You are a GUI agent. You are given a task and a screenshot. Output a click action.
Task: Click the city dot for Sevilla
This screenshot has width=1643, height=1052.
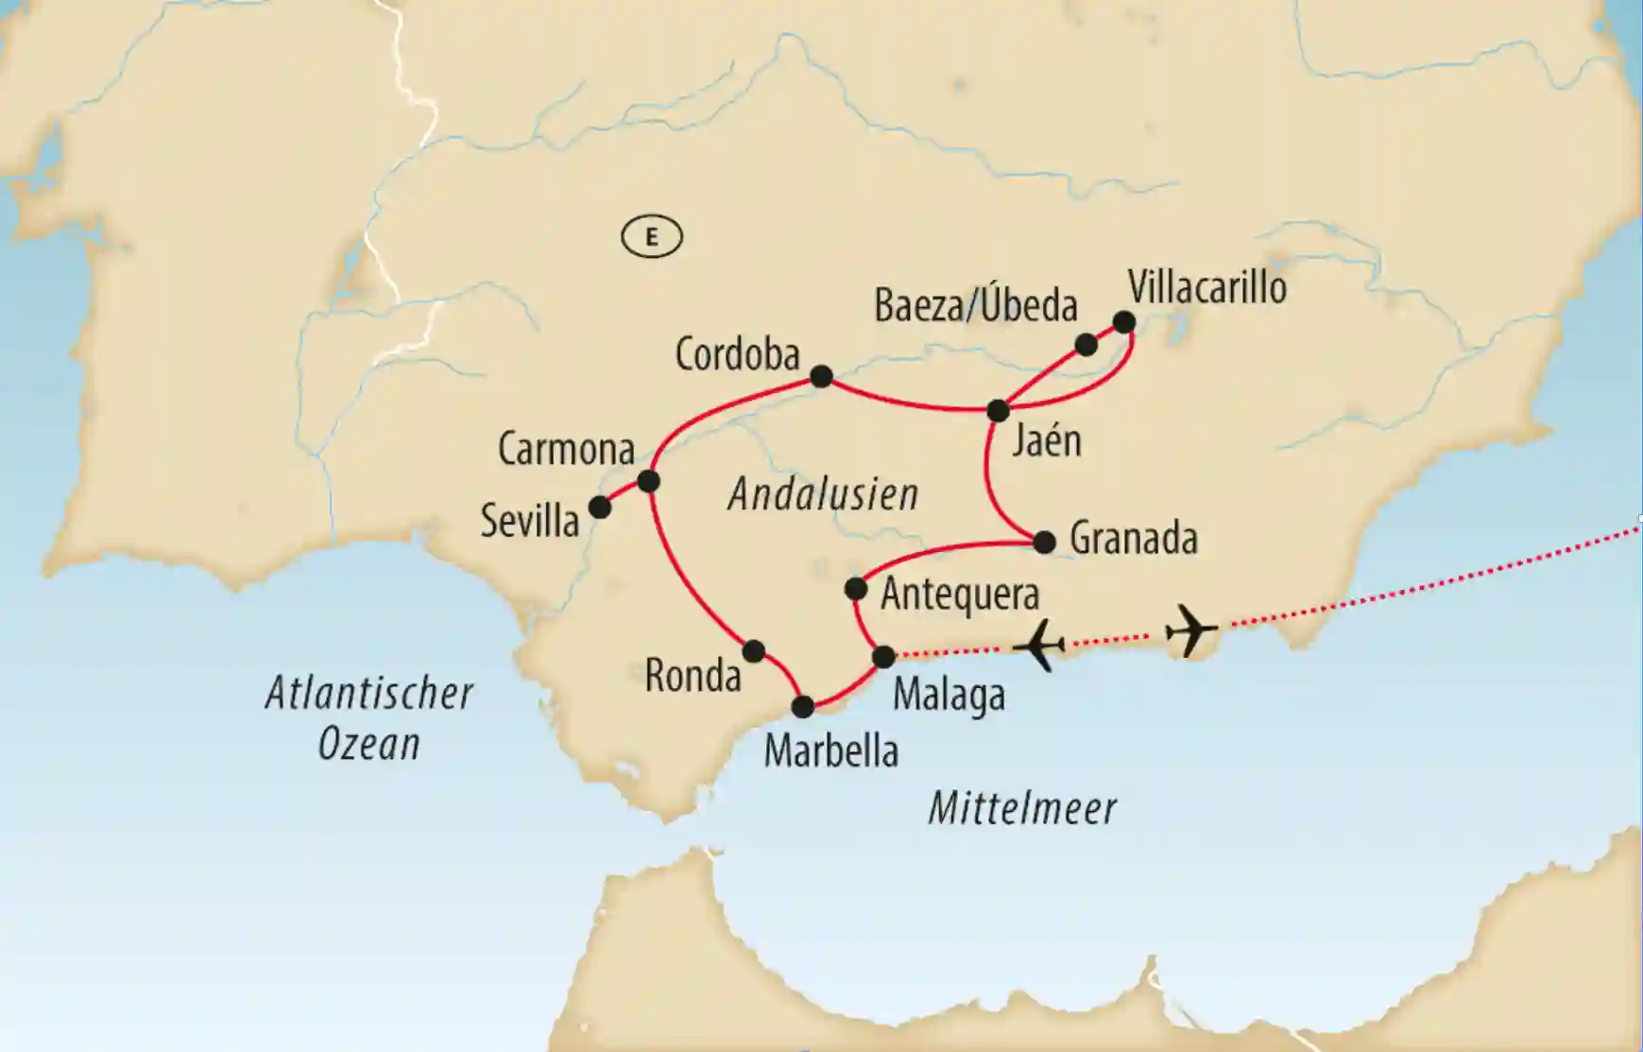coord(600,508)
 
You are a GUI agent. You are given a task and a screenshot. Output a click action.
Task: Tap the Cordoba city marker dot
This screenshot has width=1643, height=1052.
coord(821,376)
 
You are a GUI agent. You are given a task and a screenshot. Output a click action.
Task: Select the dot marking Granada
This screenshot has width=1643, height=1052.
coord(1044,542)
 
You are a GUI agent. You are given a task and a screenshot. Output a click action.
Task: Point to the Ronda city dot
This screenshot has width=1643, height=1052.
coord(753,651)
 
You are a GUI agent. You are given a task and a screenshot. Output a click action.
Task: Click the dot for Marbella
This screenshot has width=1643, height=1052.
coord(802,706)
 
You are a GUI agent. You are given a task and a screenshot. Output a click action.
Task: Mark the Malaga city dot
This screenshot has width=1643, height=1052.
coord(883,656)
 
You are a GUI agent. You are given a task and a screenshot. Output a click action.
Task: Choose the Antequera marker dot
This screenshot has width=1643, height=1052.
coord(855,589)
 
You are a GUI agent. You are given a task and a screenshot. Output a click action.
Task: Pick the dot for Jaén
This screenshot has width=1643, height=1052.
coord(998,410)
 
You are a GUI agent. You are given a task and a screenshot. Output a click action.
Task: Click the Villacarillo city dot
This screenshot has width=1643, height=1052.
coord(1123,322)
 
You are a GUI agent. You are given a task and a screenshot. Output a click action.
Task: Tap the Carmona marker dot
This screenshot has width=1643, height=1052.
coord(648,481)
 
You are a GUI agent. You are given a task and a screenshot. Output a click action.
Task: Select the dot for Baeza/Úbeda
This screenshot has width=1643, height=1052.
coord(1087,344)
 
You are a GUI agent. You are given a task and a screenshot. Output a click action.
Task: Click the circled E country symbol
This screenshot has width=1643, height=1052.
coord(652,236)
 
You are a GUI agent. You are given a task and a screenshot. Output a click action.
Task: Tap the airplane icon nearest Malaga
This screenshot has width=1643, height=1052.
coord(1039,646)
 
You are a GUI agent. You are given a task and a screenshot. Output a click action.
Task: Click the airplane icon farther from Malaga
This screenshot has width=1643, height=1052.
coord(1190,629)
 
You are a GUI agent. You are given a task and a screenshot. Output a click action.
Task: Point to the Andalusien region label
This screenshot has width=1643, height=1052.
coord(823,494)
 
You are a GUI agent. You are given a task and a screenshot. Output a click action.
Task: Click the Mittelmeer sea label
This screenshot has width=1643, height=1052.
coord(1022,809)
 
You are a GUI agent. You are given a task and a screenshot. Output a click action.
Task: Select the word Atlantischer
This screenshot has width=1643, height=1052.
coord(368,694)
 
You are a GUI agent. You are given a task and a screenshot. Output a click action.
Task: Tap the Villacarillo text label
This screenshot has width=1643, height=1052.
coord(1207,285)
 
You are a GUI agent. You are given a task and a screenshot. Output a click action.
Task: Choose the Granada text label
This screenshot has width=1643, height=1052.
coord(1134,539)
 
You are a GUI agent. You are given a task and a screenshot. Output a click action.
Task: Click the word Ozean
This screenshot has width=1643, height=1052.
coord(368,745)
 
